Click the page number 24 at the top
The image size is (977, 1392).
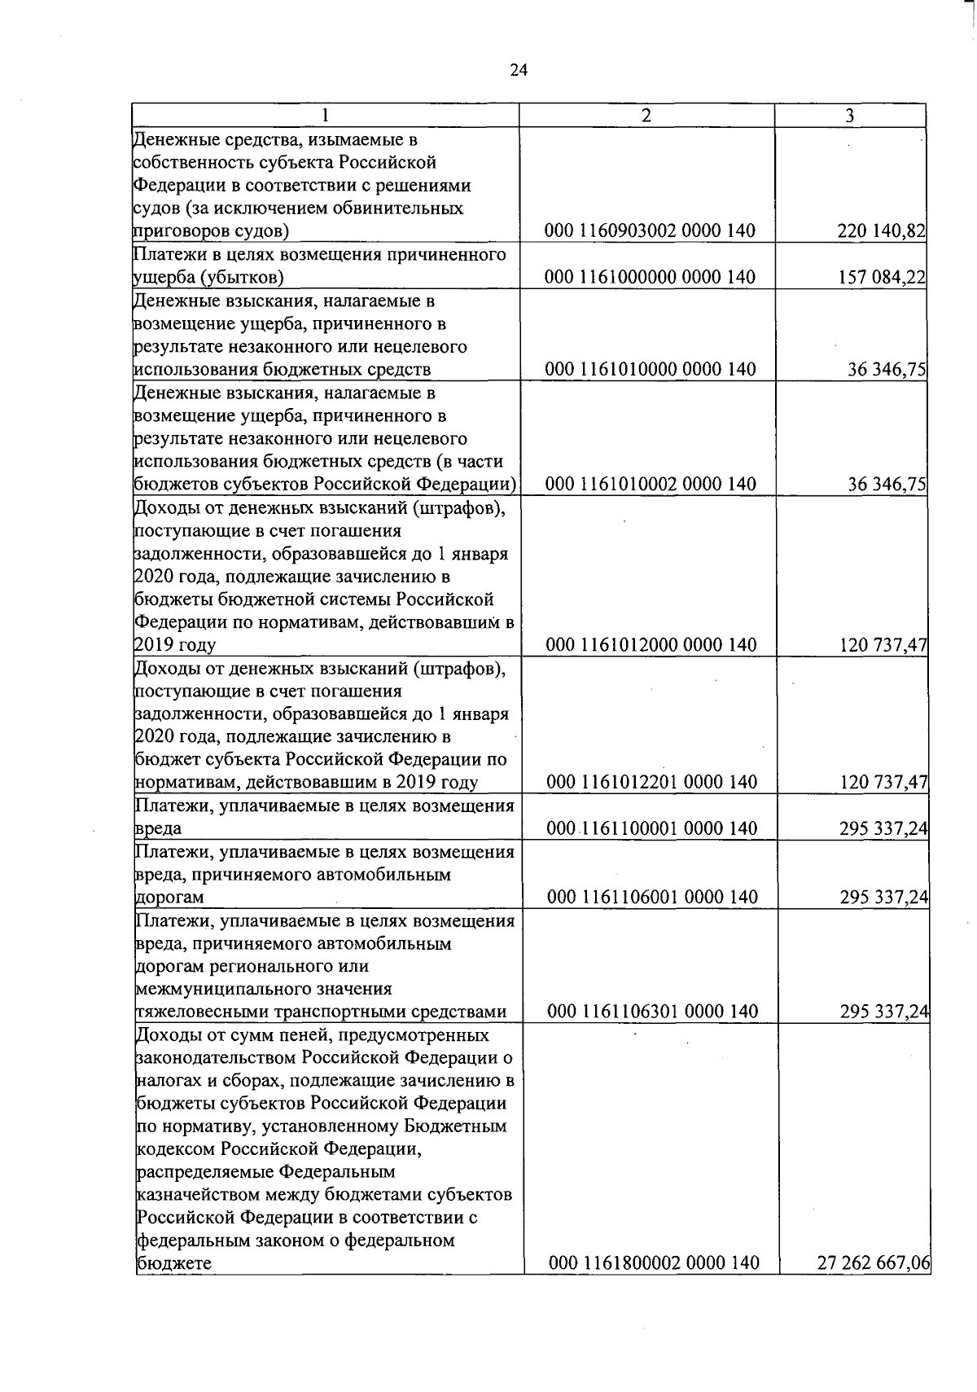coord(519,70)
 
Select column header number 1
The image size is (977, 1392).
coord(325,116)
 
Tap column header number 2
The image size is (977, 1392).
coord(646,116)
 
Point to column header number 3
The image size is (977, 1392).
coord(849,116)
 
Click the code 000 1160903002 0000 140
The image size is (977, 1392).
coord(650,231)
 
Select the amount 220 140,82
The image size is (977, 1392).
coord(881,231)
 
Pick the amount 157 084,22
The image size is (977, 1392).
coord(881,278)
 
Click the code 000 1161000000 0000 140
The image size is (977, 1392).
coord(650,278)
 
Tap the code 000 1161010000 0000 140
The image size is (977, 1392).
coord(650,370)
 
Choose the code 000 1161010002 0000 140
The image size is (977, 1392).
coord(650,484)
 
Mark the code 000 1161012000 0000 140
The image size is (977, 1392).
coord(651,645)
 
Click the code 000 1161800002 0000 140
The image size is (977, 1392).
coord(654,1263)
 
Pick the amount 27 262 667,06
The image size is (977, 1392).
coord(874,1263)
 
